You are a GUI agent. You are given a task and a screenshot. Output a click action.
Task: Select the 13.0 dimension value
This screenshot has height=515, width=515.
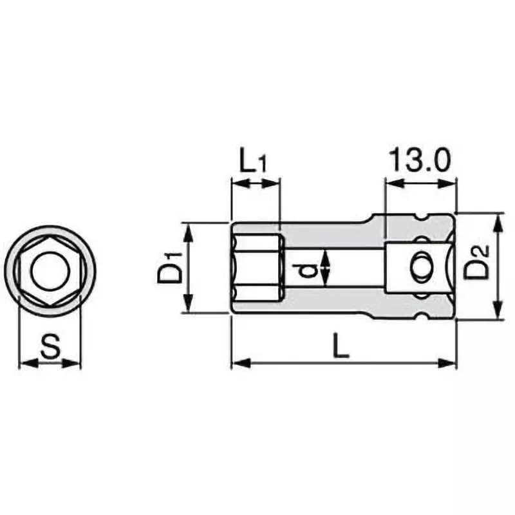click(419, 160)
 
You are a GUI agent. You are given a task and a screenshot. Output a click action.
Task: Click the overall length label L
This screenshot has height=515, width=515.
click(341, 348)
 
